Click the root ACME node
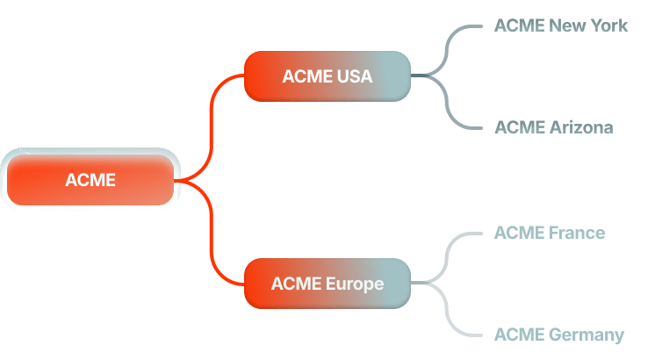(x=90, y=181)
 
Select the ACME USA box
(x=327, y=76)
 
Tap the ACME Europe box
(x=327, y=284)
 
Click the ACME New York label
(x=560, y=25)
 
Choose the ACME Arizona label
(x=553, y=127)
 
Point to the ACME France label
(x=549, y=233)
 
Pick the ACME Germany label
(x=558, y=335)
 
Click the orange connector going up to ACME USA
(x=212, y=123)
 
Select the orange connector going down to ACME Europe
(x=212, y=237)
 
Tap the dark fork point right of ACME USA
(x=430, y=76)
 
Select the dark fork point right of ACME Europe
(x=430, y=284)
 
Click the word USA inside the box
(x=354, y=76)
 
